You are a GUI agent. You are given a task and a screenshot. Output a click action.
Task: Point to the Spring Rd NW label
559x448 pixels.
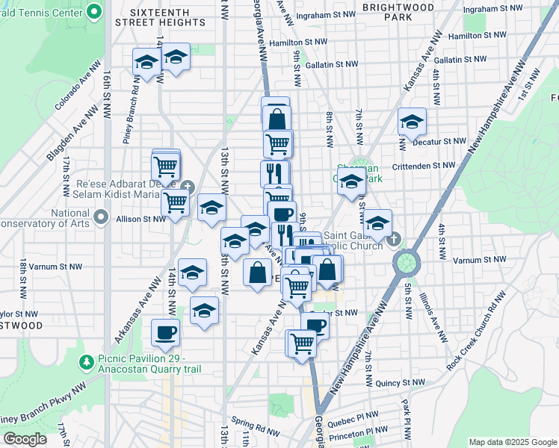(256, 423)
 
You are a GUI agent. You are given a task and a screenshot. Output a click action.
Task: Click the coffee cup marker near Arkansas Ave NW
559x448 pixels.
(165, 332)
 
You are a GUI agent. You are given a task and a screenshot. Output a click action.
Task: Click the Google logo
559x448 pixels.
(24, 440)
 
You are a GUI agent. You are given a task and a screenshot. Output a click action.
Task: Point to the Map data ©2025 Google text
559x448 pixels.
(512, 442)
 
